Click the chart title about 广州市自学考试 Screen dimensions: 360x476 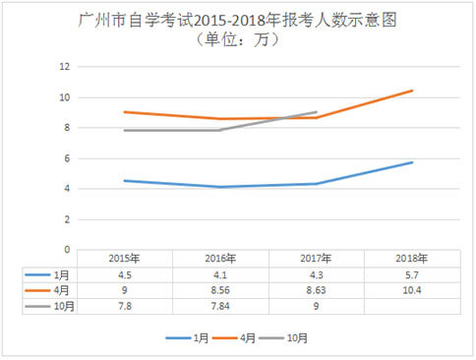click(x=237, y=19)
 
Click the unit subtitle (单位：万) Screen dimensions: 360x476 click(x=237, y=39)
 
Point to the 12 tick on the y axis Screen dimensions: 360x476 click(x=64, y=67)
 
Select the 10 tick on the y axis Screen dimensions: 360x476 click(x=64, y=97)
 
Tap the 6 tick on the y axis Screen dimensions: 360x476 click(x=66, y=158)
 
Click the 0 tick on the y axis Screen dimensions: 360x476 click(x=66, y=250)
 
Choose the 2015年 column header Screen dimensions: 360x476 click(x=123, y=259)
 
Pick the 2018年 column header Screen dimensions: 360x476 click(x=412, y=259)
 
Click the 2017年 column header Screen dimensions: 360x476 click(x=316, y=259)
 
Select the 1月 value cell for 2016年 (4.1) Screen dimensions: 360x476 click(x=219, y=275)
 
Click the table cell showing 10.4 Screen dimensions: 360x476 click(x=412, y=291)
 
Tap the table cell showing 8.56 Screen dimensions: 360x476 click(x=219, y=291)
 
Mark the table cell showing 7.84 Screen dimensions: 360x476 click(x=219, y=307)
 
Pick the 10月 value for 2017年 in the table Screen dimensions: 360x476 click(x=316, y=307)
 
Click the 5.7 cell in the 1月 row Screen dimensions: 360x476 click(x=412, y=275)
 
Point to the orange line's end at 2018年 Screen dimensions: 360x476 click(x=412, y=90)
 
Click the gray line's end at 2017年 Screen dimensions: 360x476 click(x=316, y=112)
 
